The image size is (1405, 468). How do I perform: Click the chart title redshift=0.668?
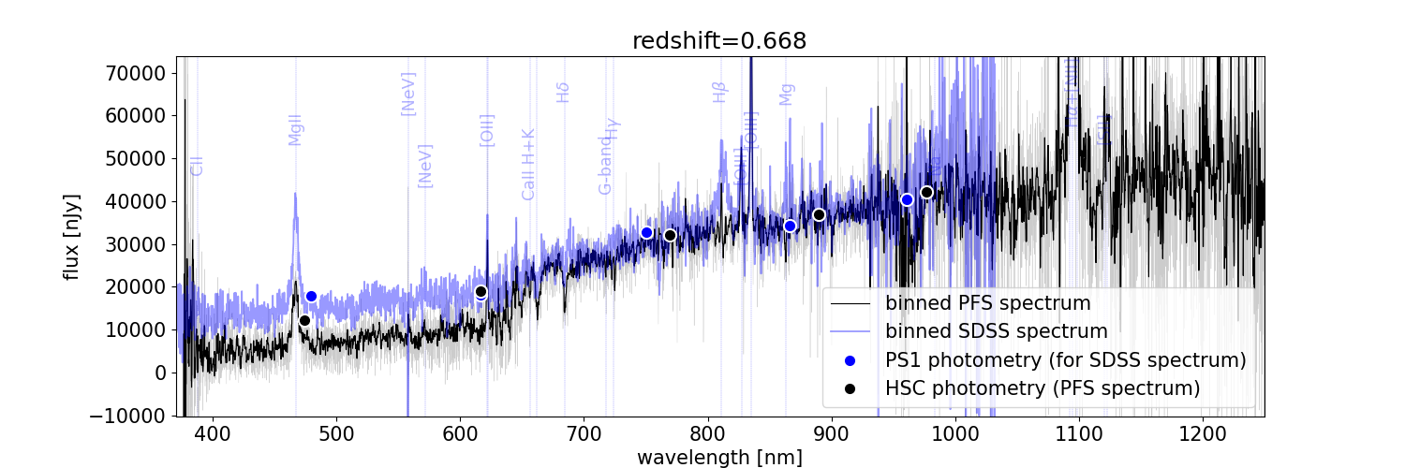pos(718,40)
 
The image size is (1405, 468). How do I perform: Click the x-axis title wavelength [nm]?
pos(719,457)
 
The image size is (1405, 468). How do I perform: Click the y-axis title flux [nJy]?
pos(72,236)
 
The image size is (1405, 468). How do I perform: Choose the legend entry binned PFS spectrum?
pos(987,303)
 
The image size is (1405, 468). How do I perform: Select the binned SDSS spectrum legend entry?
pos(997,331)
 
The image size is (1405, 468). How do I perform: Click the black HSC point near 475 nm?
pos(304,320)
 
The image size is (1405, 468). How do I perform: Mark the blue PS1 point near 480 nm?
pos(311,296)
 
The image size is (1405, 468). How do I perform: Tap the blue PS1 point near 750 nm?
pos(646,232)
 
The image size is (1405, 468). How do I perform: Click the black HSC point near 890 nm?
pos(819,214)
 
